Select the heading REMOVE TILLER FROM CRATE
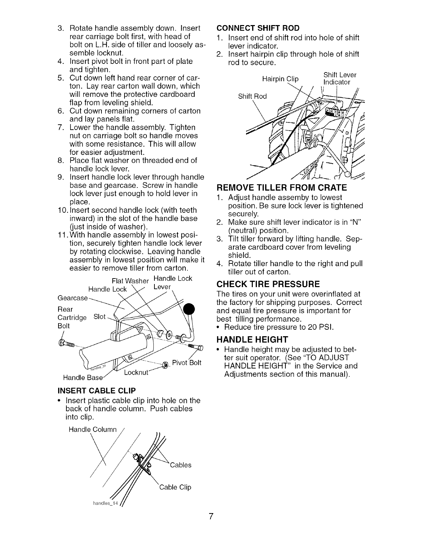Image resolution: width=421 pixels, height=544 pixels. coord(281,188)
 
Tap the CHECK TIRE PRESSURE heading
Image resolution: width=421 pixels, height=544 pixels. coord(268,284)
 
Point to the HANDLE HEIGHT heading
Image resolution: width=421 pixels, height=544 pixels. coord(252,340)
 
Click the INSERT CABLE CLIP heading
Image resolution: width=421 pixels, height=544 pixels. coord(97,391)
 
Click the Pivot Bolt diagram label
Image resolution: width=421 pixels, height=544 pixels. coord(186,363)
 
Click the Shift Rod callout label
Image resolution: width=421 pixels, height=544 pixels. coord(252,97)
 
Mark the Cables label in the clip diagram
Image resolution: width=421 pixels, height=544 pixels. coord(180,465)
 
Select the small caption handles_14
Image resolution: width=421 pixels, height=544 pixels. coord(106,503)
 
